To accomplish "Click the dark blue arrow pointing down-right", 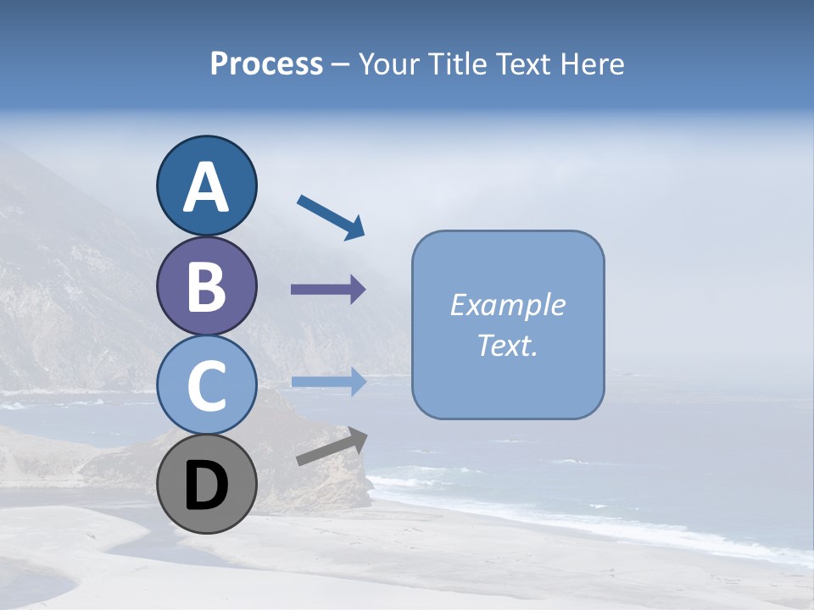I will coord(332,217).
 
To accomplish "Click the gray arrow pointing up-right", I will coord(332,446).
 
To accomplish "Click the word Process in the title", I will coord(266,64).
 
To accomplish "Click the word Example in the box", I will coord(507,305).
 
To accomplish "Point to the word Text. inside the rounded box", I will coord(507,346).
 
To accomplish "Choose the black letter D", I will coord(206,487).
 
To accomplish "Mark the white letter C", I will coord(206,386).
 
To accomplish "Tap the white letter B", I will coord(206,286).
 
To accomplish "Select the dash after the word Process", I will coord(340,65).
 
